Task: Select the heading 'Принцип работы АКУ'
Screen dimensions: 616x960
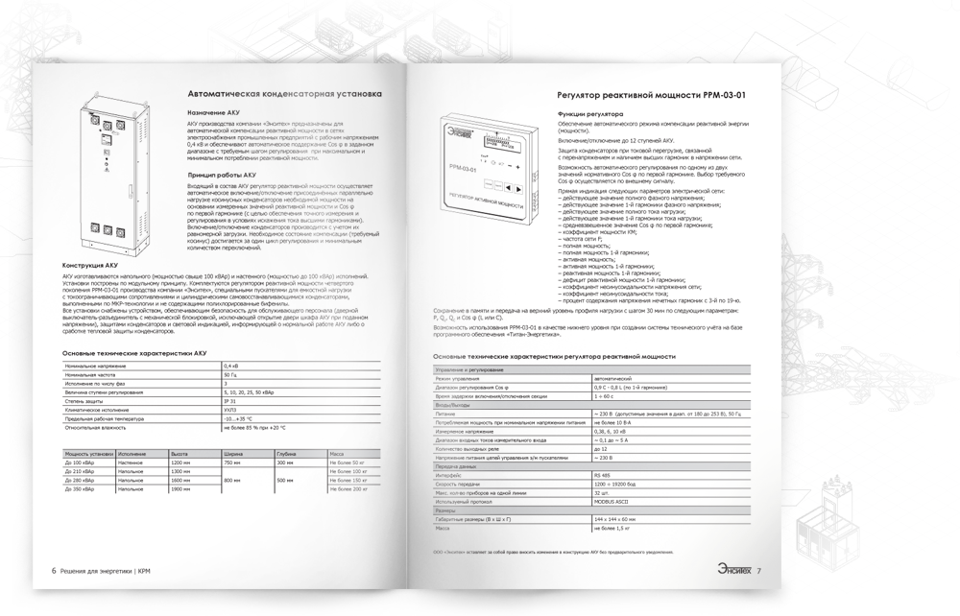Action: click(222, 176)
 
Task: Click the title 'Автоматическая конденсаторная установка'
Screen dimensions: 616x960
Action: click(284, 94)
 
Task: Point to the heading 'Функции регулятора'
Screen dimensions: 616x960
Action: click(590, 113)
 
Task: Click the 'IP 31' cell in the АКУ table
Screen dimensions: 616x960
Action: click(231, 401)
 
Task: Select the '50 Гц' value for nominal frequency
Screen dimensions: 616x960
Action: click(231, 375)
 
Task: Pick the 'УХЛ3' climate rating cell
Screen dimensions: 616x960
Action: click(231, 410)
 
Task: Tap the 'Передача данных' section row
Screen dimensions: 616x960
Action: click(457, 466)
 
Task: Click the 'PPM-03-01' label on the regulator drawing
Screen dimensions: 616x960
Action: click(461, 170)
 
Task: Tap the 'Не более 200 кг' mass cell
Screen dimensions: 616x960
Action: click(348, 489)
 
